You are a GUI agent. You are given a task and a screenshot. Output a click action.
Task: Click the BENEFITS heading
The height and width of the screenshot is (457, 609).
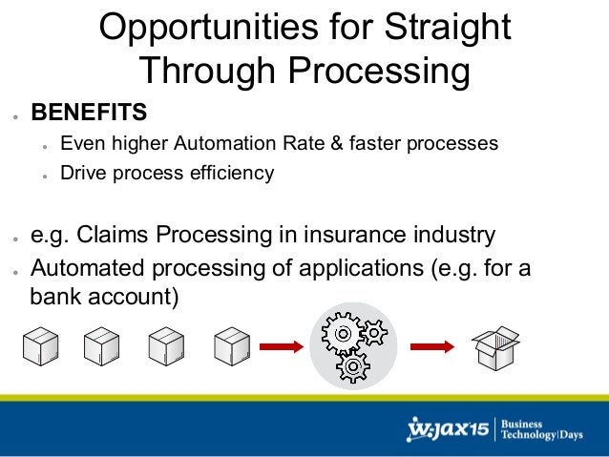click(x=90, y=114)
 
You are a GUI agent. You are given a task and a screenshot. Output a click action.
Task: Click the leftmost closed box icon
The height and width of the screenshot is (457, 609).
click(x=40, y=348)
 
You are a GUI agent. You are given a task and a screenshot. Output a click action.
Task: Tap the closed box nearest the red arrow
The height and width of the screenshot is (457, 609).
click(x=231, y=348)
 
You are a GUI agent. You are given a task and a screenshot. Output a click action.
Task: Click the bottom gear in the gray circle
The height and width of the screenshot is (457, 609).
click(x=351, y=365)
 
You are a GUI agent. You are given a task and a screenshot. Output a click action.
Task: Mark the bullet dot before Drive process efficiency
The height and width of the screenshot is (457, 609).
click(x=45, y=176)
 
